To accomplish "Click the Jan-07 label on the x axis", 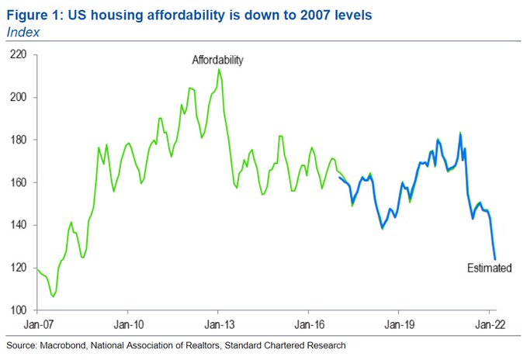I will tap(37, 324).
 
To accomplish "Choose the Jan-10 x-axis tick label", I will tap(127, 324).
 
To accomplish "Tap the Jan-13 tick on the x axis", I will tap(218, 324).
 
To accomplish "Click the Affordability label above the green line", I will tap(218, 60).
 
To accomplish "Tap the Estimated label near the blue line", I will tap(489, 268).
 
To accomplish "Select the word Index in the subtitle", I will tap(22, 31).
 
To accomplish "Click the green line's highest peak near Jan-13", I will tap(220, 69).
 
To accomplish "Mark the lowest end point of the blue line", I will tap(495, 259).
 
